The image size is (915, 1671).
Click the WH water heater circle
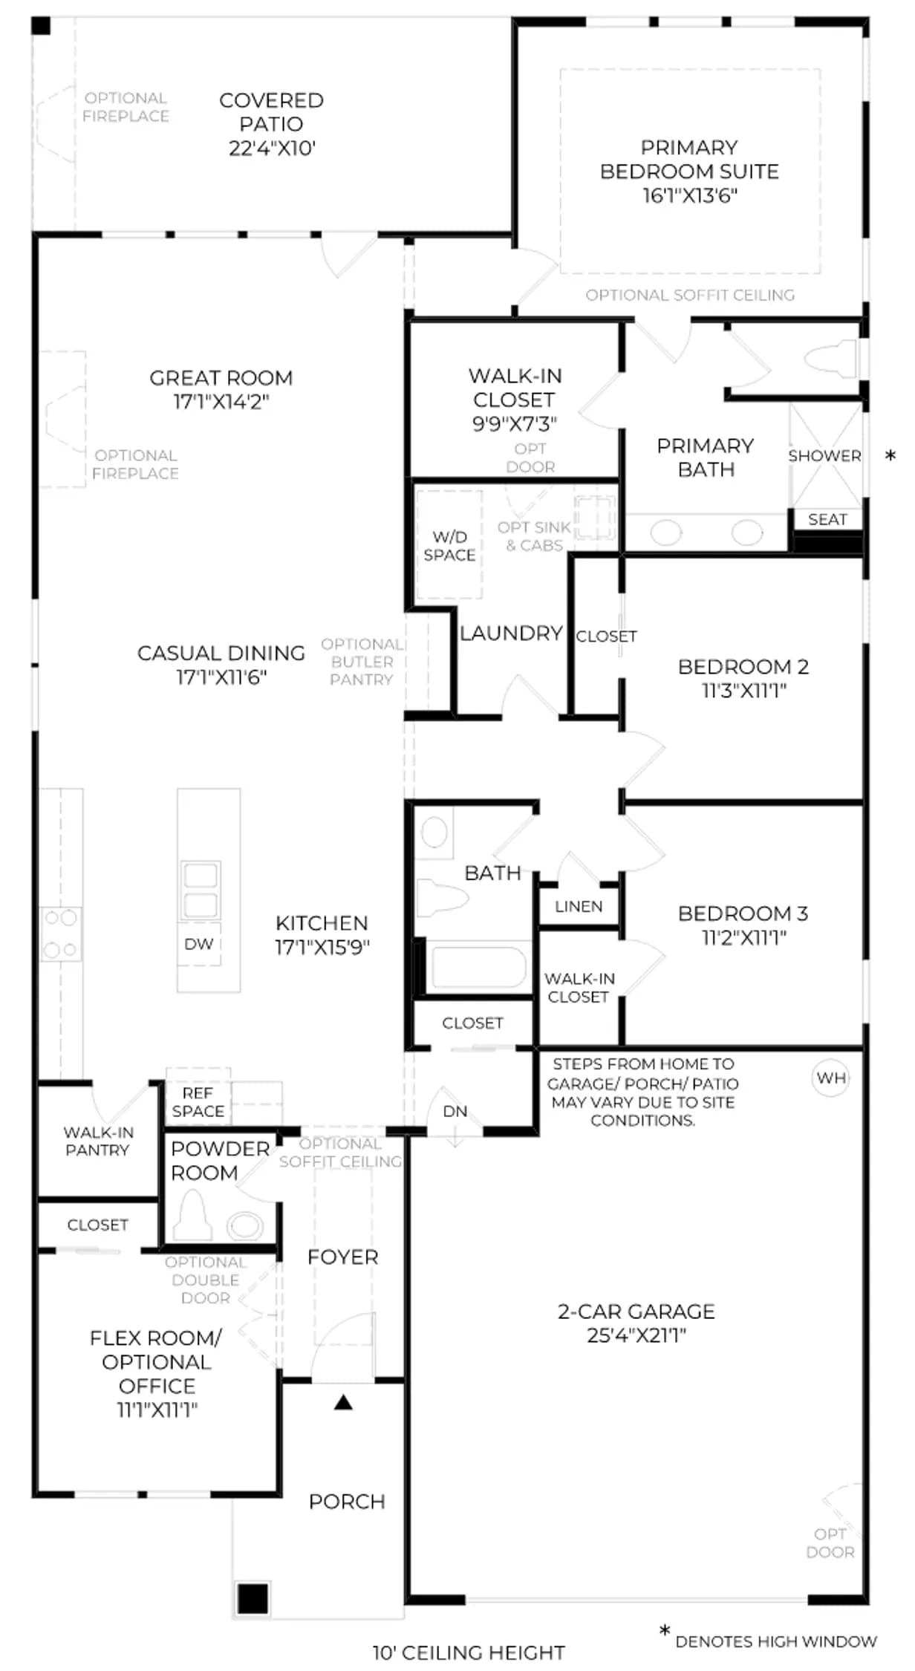(x=830, y=1078)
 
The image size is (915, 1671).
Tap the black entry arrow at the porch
(x=343, y=1401)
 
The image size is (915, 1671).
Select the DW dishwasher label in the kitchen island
(x=198, y=943)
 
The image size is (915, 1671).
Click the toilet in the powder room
(x=192, y=1216)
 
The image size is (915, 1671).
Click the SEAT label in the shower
(x=827, y=519)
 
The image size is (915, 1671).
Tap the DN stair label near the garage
(x=455, y=1111)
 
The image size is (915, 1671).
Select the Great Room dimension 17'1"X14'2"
(x=221, y=402)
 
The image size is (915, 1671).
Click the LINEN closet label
(x=579, y=906)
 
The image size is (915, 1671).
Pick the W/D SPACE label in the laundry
(x=449, y=546)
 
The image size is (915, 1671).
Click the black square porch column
(x=253, y=1598)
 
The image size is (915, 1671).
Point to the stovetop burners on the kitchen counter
(x=60, y=934)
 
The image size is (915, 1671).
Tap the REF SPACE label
(x=198, y=1102)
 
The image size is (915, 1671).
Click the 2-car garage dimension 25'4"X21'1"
(x=636, y=1335)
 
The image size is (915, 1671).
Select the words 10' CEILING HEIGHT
(x=469, y=1652)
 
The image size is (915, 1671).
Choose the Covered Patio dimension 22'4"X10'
(x=272, y=149)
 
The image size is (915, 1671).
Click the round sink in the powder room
(x=244, y=1225)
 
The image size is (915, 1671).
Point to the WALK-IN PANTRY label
(x=98, y=1141)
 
